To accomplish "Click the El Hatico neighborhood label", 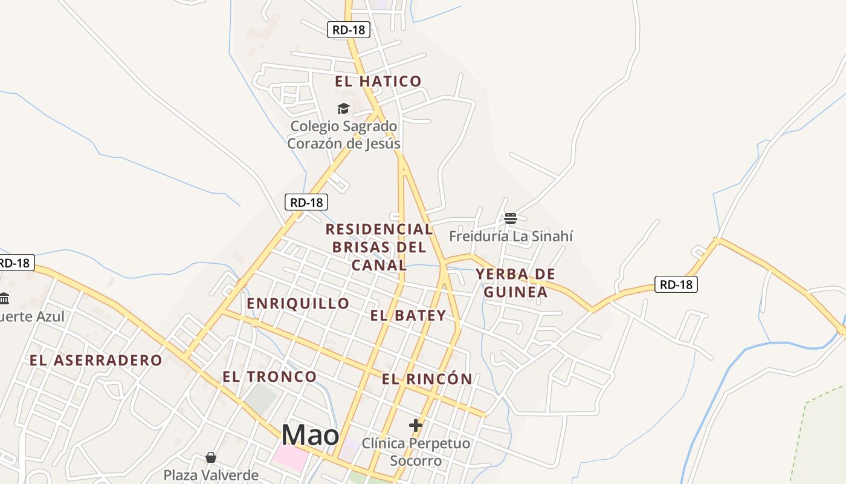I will [378, 81].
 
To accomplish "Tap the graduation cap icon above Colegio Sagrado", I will [343, 109].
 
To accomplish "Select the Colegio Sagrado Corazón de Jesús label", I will [343, 135].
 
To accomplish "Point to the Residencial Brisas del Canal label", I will [379, 247].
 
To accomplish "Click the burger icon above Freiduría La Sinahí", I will [511, 218].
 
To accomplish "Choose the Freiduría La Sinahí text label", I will [511, 236].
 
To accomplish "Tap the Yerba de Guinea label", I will [515, 283].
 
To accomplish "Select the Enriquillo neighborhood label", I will [298, 303].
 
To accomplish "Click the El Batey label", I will [408, 315].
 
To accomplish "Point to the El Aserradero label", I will [96, 361].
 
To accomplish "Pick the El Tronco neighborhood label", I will [270, 376].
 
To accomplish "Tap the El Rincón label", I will [427, 379].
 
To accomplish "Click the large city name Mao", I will [310, 434].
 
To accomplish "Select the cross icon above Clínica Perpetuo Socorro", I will [415, 425].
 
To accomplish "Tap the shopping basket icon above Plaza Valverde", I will [211, 457].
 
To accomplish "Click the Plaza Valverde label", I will [211, 475].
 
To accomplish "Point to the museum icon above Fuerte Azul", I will [5, 298].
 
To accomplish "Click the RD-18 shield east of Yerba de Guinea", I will [676, 284].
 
